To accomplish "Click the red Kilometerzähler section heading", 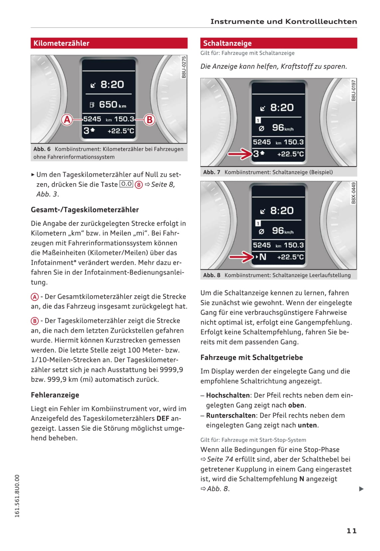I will [x=62, y=43].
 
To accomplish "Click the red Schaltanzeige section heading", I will [x=227, y=43].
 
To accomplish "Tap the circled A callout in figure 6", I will [x=67, y=119].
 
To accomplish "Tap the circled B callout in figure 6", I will [x=149, y=119].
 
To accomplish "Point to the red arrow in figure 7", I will [x=240, y=154].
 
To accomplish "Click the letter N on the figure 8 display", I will [x=263, y=257].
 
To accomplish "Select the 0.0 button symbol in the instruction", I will [x=126, y=184].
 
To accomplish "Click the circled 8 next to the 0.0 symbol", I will [x=138, y=185].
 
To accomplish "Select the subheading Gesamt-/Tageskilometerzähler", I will [x=85, y=210].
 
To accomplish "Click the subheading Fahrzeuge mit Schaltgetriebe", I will [x=252, y=357].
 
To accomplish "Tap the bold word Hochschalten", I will [x=228, y=395].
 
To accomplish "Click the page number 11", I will [x=351, y=531].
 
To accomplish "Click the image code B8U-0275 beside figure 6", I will [x=184, y=67].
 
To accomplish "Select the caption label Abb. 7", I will [x=212, y=172].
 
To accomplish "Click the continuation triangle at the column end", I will [x=361, y=489].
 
